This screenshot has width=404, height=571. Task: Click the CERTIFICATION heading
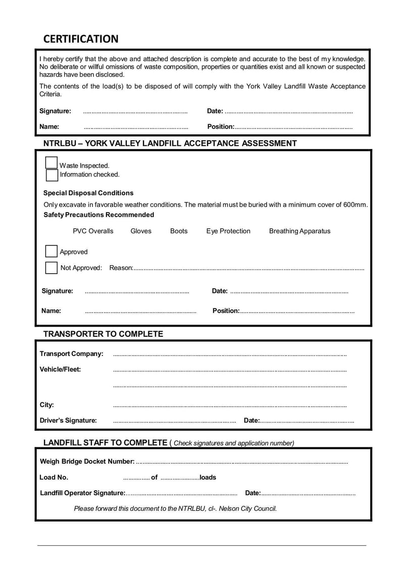click(81, 39)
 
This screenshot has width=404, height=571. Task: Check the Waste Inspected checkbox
click(52, 163)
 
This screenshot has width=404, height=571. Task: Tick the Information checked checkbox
click(52, 175)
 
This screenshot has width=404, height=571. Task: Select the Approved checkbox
click(52, 251)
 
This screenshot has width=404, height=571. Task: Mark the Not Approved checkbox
click(52, 268)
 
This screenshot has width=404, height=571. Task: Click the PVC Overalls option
click(93, 231)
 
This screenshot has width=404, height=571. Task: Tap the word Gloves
click(141, 231)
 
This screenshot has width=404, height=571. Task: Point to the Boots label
click(179, 231)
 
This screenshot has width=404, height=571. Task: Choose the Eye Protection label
click(228, 231)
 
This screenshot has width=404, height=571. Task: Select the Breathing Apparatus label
click(299, 231)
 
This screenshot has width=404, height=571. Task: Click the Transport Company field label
click(71, 353)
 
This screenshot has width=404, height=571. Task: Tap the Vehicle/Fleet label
click(60, 369)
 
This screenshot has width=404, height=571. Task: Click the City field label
click(46, 405)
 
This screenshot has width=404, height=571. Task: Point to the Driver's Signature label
click(68, 420)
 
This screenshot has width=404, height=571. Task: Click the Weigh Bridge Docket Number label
click(87, 461)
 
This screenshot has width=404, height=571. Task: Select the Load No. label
click(54, 477)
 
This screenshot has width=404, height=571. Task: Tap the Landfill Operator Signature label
click(82, 493)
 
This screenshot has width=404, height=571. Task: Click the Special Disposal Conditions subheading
click(88, 193)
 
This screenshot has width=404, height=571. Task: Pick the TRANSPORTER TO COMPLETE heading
click(103, 334)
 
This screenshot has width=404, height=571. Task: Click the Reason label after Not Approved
click(121, 268)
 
